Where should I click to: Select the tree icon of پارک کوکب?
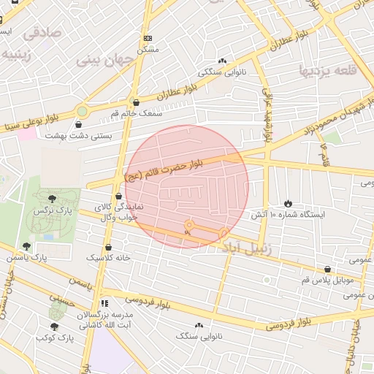pos(54,327)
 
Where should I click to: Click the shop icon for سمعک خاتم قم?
pos(137,102)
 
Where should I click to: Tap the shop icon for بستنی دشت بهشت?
pos(79,123)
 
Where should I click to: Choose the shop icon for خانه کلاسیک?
pos(109,247)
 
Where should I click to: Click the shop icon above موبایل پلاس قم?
pos(327,269)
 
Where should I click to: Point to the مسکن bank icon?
pos(148,38)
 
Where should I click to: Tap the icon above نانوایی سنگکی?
pos(222,61)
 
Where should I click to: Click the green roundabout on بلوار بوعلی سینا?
pos(82,111)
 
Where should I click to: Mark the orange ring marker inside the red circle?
pos(188,225)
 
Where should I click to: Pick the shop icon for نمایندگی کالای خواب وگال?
pos(118,196)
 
